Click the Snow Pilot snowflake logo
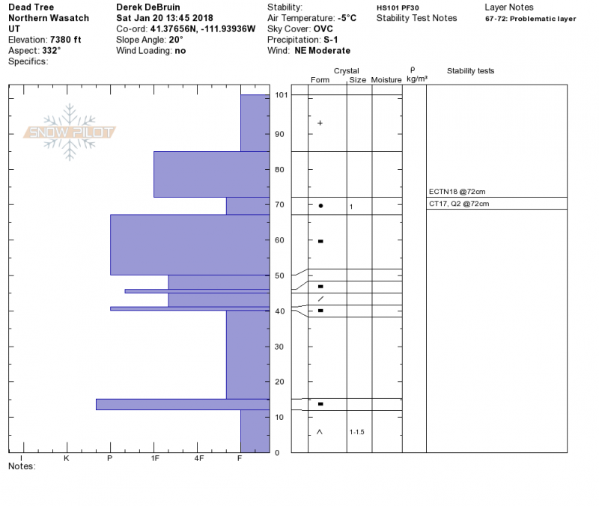coord(70,132)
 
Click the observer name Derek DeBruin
coord(148,7)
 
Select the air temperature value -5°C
coord(347,18)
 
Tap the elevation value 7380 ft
coord(66,40)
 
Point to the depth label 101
coord(282,95)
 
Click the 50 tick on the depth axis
coord(279,275)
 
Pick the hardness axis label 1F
coord(155,458)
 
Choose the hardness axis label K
coord(67,458)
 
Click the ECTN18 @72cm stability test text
coord(457,192)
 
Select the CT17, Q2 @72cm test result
coord(459,204)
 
